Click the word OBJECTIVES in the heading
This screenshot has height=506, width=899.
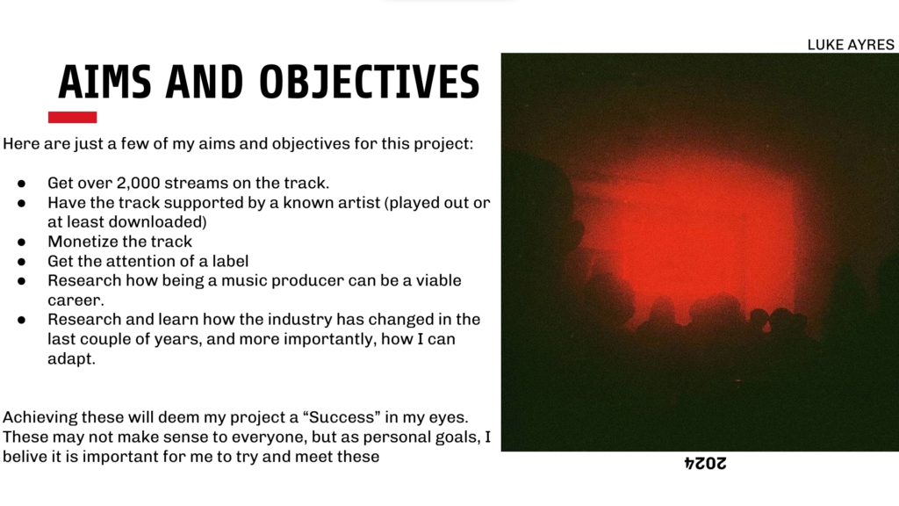tap(370, 82)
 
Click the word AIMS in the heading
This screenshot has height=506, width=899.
tap(105, 82)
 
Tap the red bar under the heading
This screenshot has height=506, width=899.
tap(72, 117)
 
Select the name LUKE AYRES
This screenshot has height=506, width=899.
tap(850, 45)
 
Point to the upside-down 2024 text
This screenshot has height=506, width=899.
tap(705, 463)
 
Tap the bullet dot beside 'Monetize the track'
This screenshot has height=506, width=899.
tap(22, 242)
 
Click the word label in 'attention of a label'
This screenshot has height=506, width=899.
tap(231, 261)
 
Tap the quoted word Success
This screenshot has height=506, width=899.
tap(342, 417)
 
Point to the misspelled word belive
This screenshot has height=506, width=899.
tap(21, 457)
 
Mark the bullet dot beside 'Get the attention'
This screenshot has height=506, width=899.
tap(22, 262)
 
